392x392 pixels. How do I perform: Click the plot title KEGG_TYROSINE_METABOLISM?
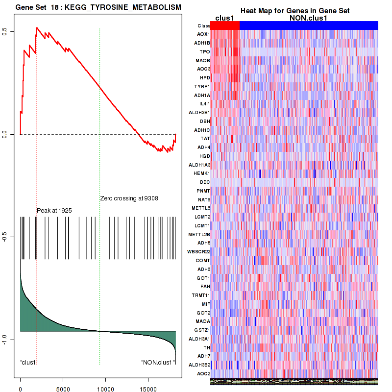click(98, 8)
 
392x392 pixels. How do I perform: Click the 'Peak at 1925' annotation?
click(54, 210)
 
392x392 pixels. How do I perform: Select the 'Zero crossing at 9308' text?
click(129, 198)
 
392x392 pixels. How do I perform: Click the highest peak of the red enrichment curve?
click(37, 27)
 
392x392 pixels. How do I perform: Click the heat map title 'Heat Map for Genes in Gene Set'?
click(294, 11)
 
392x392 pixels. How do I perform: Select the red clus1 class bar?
click(225, 25)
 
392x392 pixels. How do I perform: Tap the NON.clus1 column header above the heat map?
click(308, 18)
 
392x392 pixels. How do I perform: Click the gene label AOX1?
click(203, 34)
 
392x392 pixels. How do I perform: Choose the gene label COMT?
click(203, 260)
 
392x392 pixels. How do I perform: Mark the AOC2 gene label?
click(203, 373)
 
